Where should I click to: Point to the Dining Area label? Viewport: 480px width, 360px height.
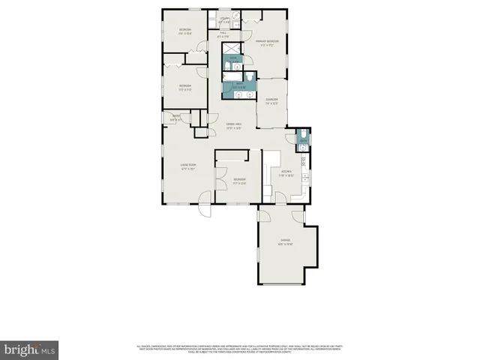click(x=233, y=126)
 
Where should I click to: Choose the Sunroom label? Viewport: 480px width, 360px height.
click(x=271, y=101)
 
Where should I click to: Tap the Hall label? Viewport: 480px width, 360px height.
click(x=222, y=35)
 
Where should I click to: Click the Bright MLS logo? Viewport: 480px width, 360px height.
click(x=30, y=349)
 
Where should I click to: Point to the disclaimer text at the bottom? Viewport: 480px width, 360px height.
click(x=239, y=348)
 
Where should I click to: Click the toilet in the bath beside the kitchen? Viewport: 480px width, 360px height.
click(x=301, y=136)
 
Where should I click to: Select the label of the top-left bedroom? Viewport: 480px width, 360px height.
click(x=184, y=31)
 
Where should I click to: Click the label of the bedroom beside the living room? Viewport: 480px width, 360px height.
click(x=238, y=181)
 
